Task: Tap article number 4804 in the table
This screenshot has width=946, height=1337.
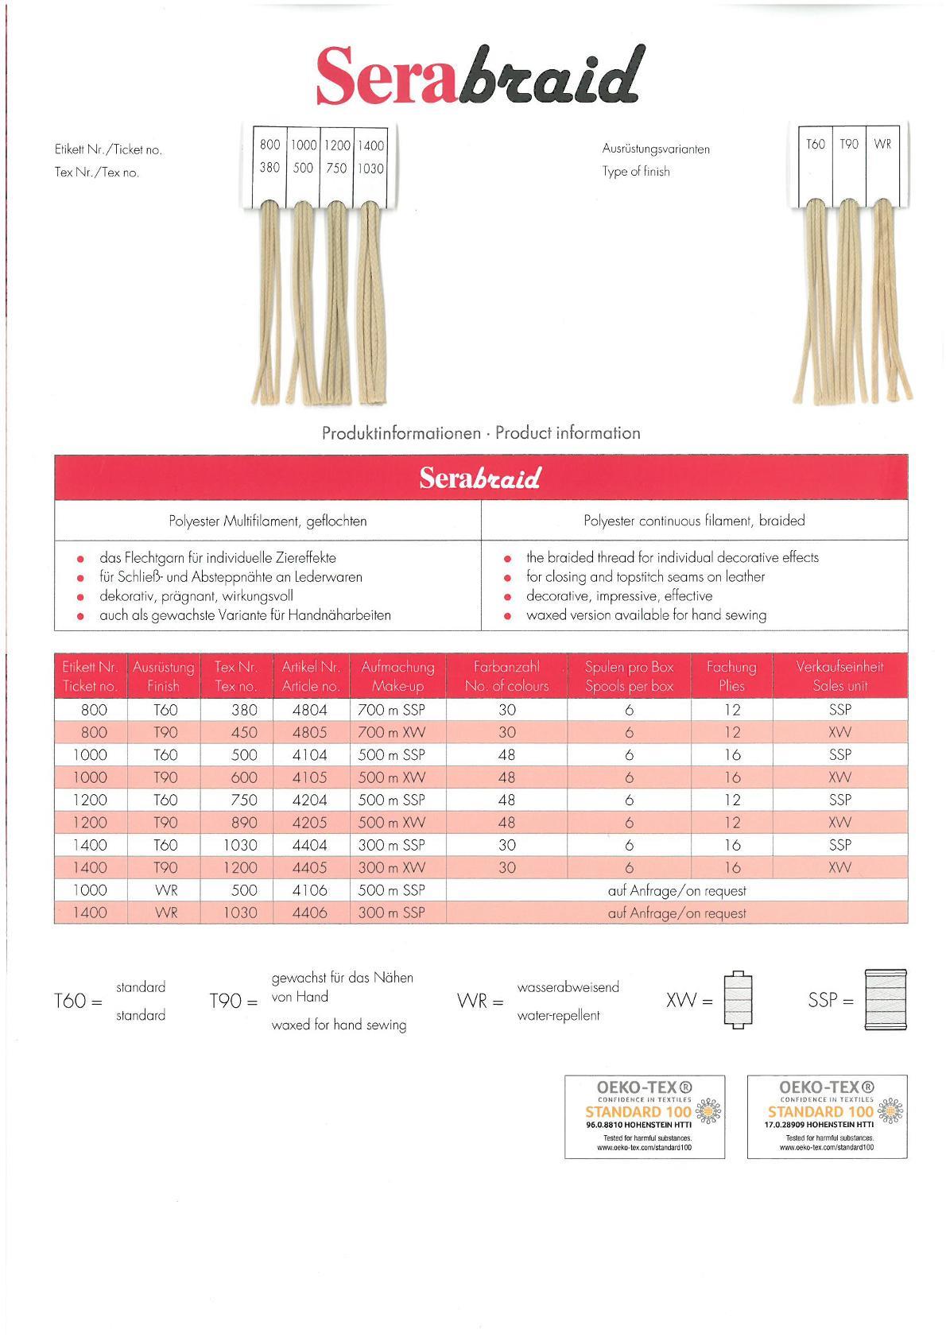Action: pyautogui.click(x=310, y=710)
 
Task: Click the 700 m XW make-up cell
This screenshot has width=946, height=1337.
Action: pyautogui.click(x=391, y=732)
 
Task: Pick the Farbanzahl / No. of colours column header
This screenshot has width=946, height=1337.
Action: pyautogui.click(x=506, y=676)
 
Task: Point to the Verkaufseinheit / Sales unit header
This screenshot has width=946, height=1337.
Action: pyautogui.click(x=839, y=676)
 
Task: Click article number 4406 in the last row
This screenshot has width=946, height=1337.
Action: pyautogui.click(x=310, y=913)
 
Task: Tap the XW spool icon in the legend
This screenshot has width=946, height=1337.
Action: pyautogui.click(x=738, y=1000)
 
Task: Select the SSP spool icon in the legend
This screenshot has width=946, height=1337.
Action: pyautogui.click(x=885, y=1000)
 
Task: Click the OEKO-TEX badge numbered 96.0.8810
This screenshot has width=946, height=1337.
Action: pyautogui.click(x=645, y=1116)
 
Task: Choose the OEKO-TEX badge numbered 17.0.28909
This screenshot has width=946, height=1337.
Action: pyautogui.click(x=827, y=1116)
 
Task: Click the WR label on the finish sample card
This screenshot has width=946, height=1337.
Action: pyautogui.click(x=882, y=144)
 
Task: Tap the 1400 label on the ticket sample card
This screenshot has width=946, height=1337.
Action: pyautogui.click(x=370, y=145)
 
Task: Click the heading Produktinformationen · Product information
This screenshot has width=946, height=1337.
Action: pyautogui.click(x=481, y=433)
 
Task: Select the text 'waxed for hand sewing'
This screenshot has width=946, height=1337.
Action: pyautogui.click(x=339, y=1025)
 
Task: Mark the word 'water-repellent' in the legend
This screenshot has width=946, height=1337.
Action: pyautogui.click(x=558, y=1015)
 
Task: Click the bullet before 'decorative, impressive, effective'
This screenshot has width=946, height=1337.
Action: pyautogui.click(x=507, y=597)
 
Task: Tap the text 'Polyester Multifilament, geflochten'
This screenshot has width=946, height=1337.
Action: pyautogui.click(x=268, y=521)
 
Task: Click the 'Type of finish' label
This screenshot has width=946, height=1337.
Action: pyautogui.click(x=636, y=172)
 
